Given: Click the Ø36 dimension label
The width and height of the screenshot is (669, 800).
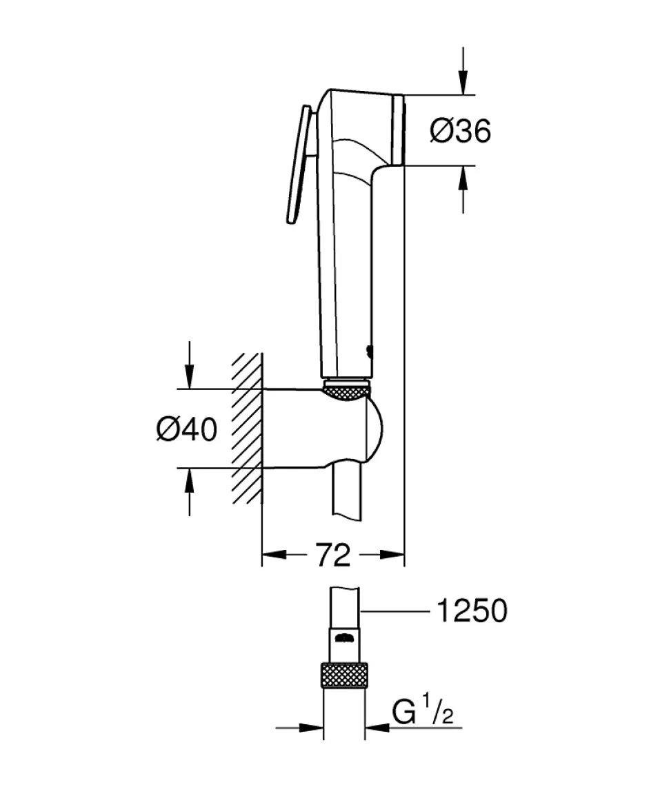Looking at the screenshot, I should tap(460, 131).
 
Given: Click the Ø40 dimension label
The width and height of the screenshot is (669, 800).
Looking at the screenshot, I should tap(186, 430).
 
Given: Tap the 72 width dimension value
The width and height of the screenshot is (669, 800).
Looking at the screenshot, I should tap(333, 555).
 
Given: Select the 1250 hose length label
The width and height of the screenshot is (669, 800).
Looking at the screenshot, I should tap(472, 611).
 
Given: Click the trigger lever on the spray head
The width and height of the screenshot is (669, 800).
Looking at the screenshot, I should tap(298, 165).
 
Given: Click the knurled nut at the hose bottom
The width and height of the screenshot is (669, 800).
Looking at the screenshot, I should tap(344, 673).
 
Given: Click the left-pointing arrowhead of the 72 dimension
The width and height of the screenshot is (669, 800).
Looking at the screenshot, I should tap(273, 555).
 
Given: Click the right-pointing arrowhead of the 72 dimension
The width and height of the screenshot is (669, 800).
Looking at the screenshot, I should tap(393, 555).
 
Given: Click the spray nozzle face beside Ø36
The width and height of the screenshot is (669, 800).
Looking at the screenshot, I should tap(397, 130).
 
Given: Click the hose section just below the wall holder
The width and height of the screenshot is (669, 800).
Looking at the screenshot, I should tap(347, 493).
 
